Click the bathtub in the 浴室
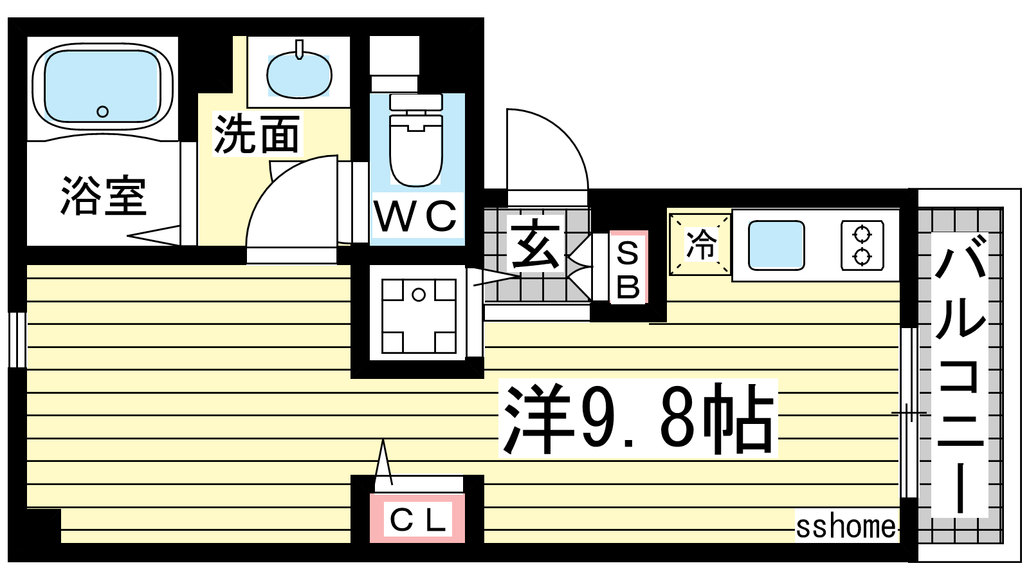[102, 87]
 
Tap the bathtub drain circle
[102, 111]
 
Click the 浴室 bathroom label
[104, 196]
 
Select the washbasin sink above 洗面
[299, 74]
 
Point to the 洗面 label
[257, 134]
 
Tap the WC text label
[415, 217]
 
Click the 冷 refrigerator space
[700, 244]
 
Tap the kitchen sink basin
[776, 245]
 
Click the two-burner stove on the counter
[862, 245]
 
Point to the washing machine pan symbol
[419, 315]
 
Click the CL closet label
[417, 520]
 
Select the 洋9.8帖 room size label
[638, 418]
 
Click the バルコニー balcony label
[960, 374]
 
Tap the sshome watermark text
[846, 527]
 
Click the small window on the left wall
[17, 340]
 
